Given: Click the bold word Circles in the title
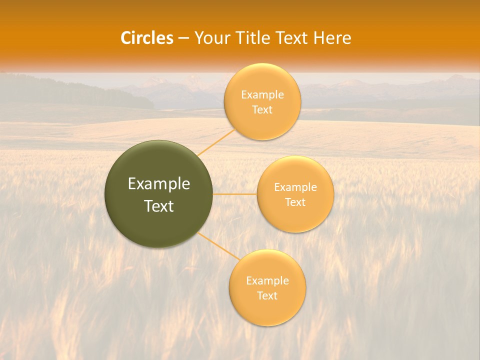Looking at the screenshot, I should (146, 38).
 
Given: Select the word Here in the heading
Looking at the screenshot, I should (332, 38).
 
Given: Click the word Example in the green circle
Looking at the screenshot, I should (159, 184).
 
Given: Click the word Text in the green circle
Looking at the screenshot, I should (159, 206).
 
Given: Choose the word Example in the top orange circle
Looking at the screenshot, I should (262, 95).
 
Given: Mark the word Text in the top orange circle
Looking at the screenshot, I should (262, 110).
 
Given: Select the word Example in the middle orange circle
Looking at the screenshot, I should (295, 187).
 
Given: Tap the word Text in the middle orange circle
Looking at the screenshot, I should (295, 202).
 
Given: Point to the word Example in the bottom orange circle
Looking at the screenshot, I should (267, 281).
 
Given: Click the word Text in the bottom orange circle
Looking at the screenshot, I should (267, 296).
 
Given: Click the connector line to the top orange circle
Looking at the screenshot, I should (215, 142).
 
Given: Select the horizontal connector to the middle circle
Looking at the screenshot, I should (235, 194).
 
